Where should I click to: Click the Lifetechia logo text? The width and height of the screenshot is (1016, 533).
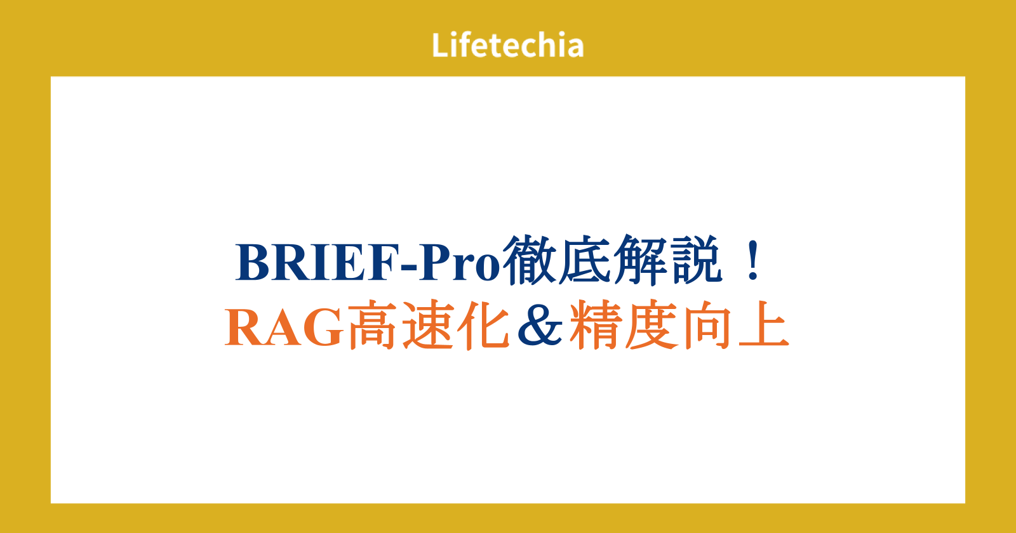click(x=507, y=45)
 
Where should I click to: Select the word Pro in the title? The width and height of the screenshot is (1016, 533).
click(x=460, y=263)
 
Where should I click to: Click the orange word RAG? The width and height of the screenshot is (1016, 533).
click(x=284, y=327)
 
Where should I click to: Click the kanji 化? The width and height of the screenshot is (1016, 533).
click(x=483, y=324)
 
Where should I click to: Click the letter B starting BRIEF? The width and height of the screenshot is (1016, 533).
click(x=252, y=263)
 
